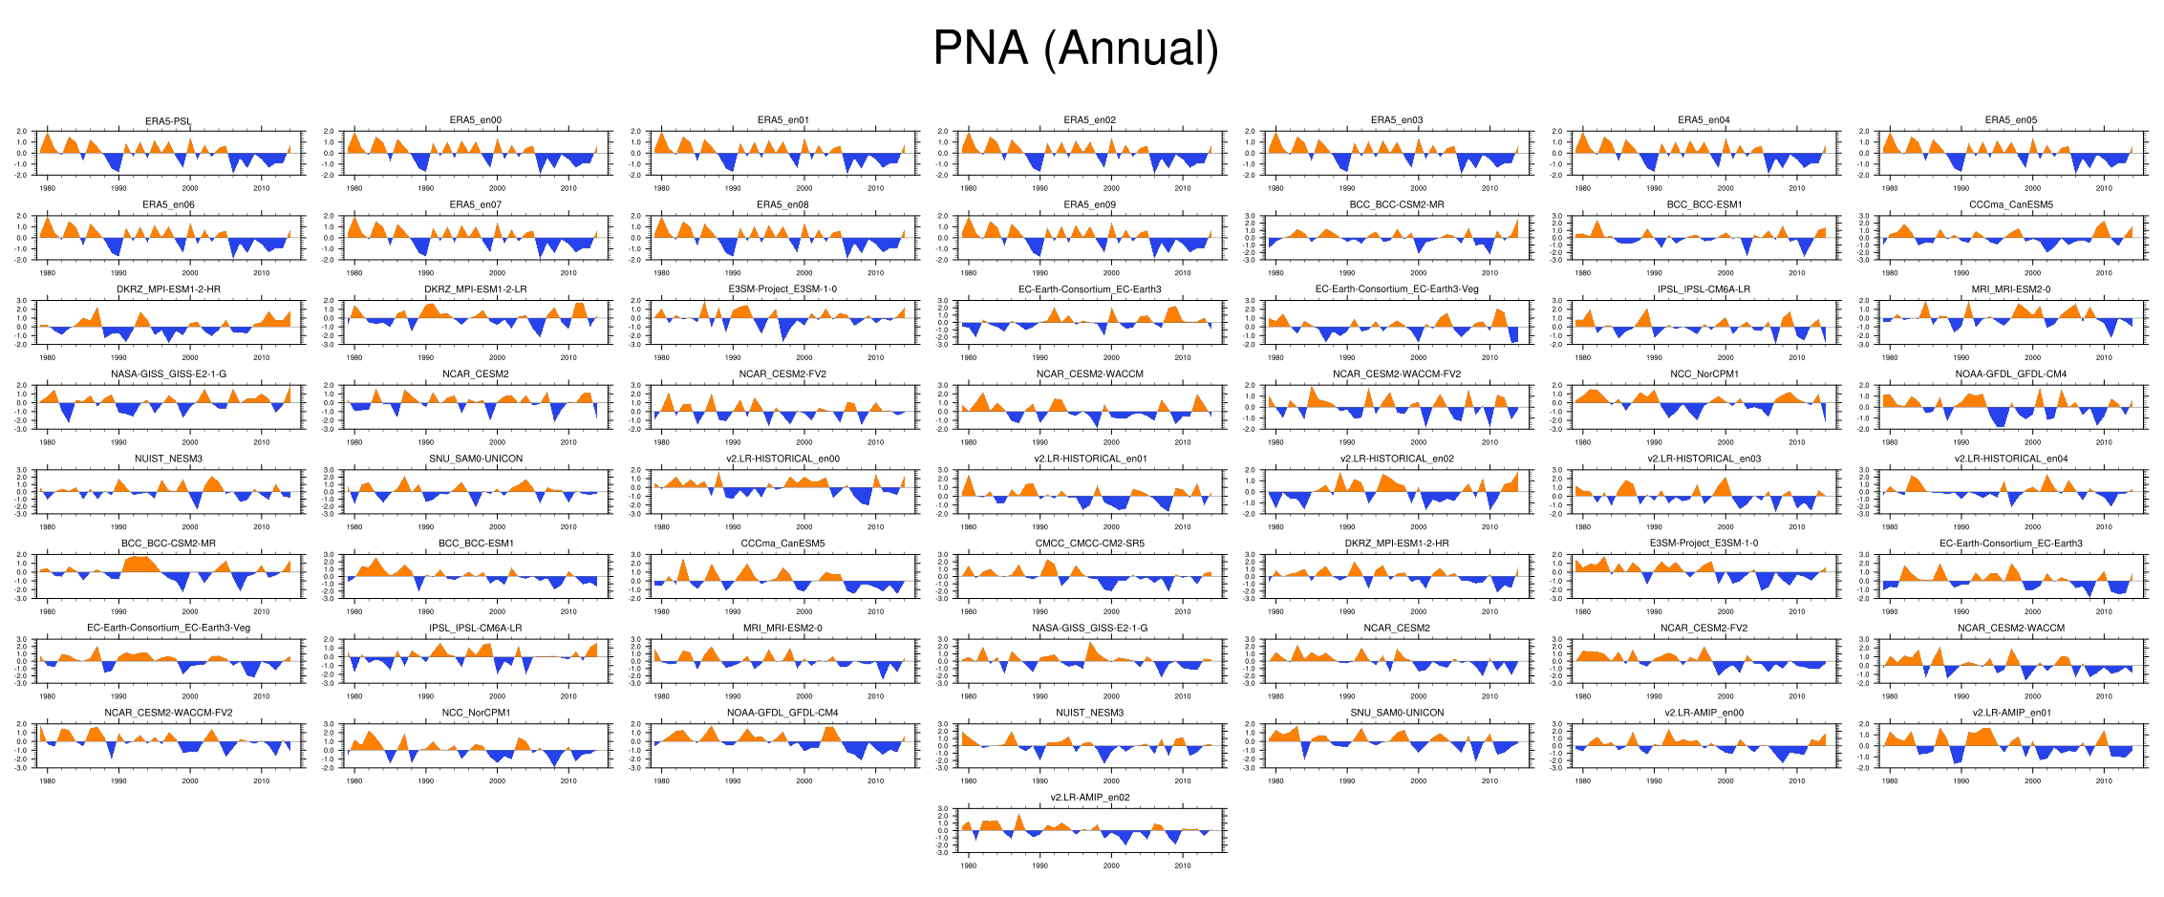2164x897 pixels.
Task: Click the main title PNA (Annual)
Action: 1075,48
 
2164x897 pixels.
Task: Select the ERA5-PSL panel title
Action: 168,121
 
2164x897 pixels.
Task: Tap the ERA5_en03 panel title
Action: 1397,120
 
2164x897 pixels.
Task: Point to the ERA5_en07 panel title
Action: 475,204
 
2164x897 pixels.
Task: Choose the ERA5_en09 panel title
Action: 1089,204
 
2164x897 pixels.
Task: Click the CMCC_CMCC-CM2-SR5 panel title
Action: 1089,544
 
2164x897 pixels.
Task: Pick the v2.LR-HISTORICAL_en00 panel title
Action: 782,459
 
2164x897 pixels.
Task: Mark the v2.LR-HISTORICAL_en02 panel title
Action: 1397,459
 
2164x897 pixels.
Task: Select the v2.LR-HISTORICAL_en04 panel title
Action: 2010,459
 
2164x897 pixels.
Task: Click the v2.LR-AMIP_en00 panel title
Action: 1703,713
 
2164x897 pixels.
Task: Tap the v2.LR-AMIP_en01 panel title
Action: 2010,713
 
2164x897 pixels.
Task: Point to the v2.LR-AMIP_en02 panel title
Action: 1089,798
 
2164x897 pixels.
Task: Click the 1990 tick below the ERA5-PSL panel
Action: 118,188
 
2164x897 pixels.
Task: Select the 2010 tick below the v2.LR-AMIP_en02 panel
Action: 1183,865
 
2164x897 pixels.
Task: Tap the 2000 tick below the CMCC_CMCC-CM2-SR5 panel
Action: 1111,611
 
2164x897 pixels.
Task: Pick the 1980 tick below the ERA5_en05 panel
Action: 1890,188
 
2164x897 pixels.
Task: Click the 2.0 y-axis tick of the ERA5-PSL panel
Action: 22,132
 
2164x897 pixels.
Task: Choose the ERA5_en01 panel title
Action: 782,120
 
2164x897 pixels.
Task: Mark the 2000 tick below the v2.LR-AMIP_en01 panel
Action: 2032,780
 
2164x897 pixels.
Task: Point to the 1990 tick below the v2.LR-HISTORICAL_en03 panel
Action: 1654,526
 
